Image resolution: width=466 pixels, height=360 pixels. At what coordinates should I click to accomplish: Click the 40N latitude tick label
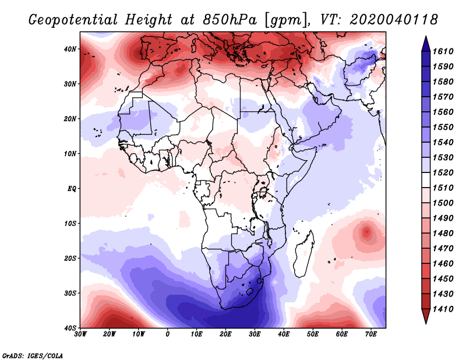pyautogui.click(x=69, y=49)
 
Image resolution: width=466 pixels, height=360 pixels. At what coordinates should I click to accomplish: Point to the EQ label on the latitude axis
pyautogui.click(x=70, y=189)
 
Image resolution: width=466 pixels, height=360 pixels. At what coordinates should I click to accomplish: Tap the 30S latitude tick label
pyautogui.click(x=69, y=293)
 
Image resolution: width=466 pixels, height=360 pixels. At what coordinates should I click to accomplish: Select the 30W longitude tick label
pyautogui.click(x=80, y=333)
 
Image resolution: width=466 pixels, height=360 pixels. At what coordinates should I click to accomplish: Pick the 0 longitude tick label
pyautogui.click(x=168, y=333)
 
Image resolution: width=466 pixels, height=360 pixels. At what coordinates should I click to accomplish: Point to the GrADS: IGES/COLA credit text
pyautogui.click(x=32, y=355)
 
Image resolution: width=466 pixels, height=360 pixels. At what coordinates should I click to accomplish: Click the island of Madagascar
pyautogui.click(x=302, y=255)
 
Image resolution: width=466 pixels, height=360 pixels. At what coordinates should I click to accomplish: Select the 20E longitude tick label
pyautogui.click(x=225, y=333)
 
